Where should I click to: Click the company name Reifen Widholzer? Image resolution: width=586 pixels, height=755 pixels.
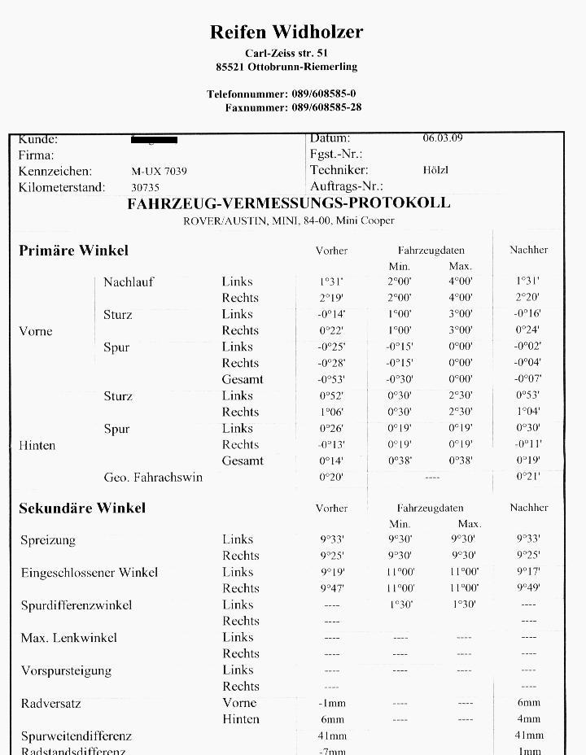pos(286,32)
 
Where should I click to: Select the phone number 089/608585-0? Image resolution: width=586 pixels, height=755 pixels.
pos(323,94)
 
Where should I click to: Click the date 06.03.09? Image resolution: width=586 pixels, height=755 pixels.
pos(443,137)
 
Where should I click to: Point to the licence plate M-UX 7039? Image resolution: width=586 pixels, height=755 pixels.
pos(159,172)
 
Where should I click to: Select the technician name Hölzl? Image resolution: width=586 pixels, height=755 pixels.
pos(435,170)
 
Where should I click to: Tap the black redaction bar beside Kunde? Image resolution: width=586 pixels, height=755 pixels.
pos(154,140)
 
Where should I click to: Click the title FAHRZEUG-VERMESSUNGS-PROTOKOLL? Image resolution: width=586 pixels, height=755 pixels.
pos(288,203)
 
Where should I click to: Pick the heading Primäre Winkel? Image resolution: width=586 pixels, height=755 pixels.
pos(73,251)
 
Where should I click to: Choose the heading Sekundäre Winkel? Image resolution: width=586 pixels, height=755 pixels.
pos(82,508)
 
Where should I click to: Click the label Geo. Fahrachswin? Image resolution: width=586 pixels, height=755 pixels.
pos(153,478)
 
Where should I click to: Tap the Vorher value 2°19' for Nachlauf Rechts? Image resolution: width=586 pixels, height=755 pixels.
pos(331,299)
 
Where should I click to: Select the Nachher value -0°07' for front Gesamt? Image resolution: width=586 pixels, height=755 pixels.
pos(528,379)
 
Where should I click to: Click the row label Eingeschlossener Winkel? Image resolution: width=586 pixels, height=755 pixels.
pos(90,573)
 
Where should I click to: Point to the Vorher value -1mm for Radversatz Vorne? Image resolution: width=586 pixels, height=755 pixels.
pos(331,703)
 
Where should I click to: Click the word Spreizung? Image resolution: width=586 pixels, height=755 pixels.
pos(48,540)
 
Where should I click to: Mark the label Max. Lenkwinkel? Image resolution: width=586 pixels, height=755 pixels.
pos(69,638)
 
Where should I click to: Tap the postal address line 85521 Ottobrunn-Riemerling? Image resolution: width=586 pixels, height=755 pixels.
pos(286,67)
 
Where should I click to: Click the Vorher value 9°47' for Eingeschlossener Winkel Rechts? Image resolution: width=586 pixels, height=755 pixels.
pos(331,588)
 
